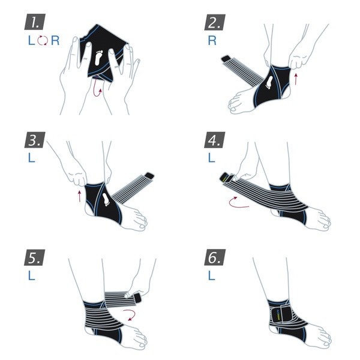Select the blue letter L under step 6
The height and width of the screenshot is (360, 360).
[211, 276]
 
